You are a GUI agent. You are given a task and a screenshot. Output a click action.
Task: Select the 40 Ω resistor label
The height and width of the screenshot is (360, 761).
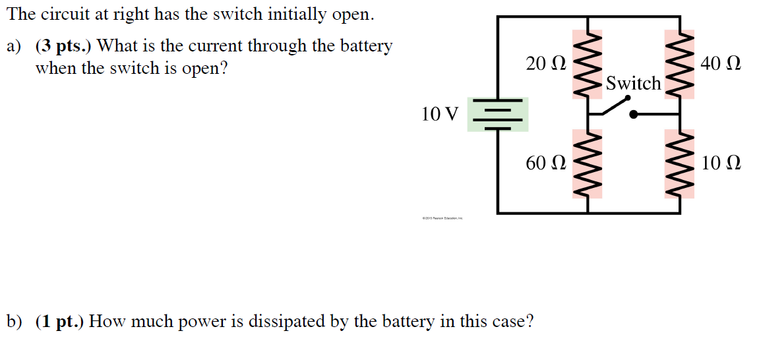721,64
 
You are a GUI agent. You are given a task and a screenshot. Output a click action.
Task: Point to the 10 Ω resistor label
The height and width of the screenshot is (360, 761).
721,163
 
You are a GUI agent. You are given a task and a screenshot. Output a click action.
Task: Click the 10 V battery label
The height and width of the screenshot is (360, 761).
439,115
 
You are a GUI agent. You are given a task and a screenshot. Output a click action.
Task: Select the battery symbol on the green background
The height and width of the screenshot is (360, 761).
498,115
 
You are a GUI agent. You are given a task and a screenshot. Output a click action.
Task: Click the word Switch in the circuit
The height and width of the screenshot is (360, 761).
633,84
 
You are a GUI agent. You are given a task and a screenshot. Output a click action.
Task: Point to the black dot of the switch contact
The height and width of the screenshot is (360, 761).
634,114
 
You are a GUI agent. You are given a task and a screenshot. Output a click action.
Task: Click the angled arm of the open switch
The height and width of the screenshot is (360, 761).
613,105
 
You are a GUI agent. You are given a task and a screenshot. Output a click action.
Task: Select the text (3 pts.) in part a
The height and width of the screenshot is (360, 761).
64,46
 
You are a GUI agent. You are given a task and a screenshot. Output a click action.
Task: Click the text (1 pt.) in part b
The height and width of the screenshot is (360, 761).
60,322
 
